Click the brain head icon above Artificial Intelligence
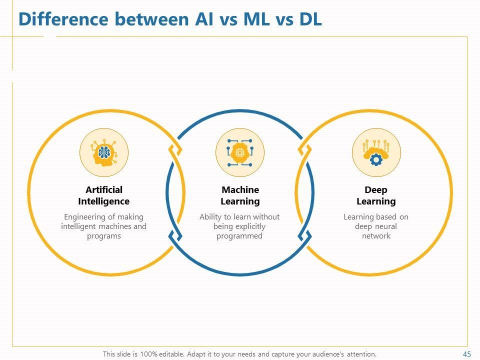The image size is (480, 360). coord(104,152)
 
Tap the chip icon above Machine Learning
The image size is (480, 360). coord(240,152)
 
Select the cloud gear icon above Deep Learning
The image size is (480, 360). coord(376,152)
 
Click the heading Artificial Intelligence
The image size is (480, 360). coord(104,195)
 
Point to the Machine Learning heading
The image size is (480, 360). coord(240,195)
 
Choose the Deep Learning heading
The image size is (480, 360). coord(376,195)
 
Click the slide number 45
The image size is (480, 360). coord(467,354)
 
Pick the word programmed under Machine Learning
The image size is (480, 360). coord(239,236)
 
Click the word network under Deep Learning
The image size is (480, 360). coord(376,236)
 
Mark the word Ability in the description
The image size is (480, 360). coord(210,217)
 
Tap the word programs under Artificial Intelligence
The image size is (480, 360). coord(104,236)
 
